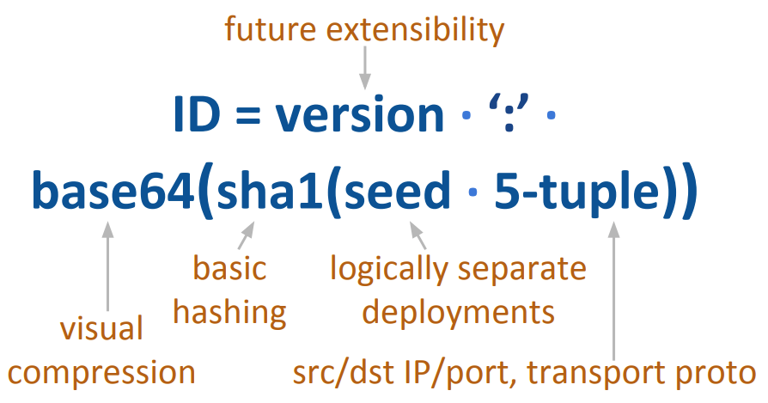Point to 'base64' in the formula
pos(112,193)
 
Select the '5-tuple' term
pos(571,195)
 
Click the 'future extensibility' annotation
pos(364,30)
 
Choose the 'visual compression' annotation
pos(102,351)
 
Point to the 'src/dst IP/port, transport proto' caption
pos(524,374)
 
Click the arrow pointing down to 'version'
pos(365,67)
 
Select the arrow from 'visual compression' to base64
pos(107,266)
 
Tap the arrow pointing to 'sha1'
pos(246,235)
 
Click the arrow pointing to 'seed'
pos(418,235)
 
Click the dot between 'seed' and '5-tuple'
pos(472,198)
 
